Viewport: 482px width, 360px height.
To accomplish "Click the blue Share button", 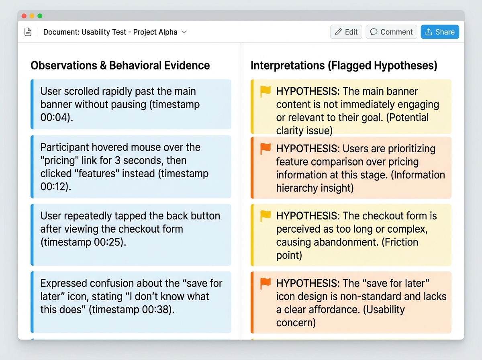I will tap(440, 32).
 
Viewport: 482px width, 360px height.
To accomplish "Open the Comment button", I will tap(391, 32).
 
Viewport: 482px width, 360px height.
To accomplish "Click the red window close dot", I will tap(24, 16).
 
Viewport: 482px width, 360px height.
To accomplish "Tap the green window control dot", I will tap(40, 16).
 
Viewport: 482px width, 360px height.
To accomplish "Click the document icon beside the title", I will tap(28, 32).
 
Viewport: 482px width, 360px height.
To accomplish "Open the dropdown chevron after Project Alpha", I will tap(184, 32).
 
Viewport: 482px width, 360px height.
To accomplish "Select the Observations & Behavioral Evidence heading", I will tap(120, 65).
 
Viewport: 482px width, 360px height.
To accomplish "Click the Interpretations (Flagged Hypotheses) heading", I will tap(344, 65).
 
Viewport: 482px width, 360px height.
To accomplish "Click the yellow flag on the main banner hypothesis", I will tap(266, 92).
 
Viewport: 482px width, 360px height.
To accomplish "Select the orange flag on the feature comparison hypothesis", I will tap(266, 149).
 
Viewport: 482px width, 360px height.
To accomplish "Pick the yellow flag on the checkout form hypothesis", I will tap(266, 216).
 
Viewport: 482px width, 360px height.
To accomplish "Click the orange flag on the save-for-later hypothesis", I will tap(266, 283).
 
